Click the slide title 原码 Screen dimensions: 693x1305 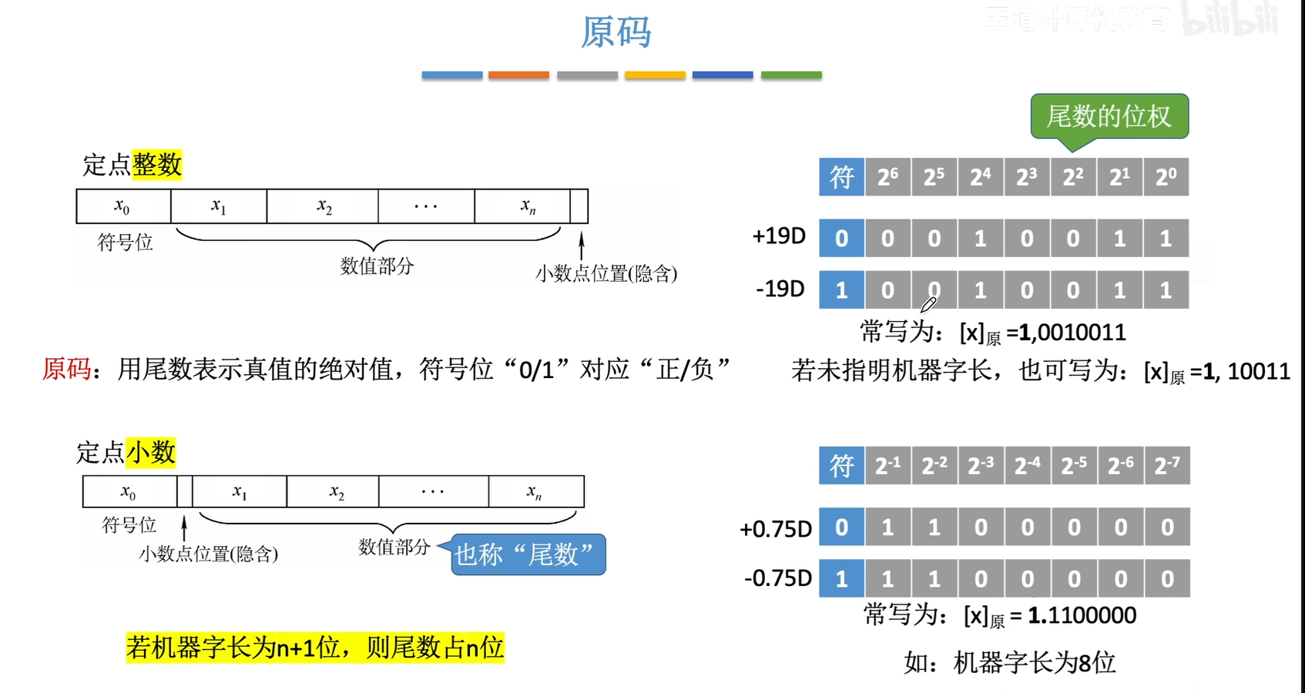[x=616, y=32]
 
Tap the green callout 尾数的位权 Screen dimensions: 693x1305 [x=1109, y=116]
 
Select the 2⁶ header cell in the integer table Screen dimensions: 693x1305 [x=887, y=177]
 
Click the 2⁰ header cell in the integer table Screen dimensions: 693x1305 [x=1166, y=177]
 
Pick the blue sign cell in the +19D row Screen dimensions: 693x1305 [x=841, y=238]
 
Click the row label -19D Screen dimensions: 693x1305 [x=780, y=289]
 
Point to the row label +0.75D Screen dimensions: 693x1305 [x=775, y=529]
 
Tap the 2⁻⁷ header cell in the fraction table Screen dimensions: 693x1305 [x=1166, y=465]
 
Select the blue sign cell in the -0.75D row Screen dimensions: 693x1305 [x=841, y=578]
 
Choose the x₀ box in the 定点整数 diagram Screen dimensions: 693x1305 [x=122, y=206]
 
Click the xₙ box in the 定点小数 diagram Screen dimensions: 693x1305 [x=535, y=491]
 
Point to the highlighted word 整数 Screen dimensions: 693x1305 [x=156, y=164]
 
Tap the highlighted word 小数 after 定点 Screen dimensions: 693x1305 [x=151, y=452]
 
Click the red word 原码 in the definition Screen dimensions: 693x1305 [x=66, y=369]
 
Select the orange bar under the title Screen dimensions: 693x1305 [x=518, y=75]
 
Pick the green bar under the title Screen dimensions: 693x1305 [x=791, y=75]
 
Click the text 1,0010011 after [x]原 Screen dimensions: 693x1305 [x=1072, y=333]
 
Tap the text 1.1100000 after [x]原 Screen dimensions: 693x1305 [x=1082, y=615]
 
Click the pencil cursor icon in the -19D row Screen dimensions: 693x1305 [x=928, y=305]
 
